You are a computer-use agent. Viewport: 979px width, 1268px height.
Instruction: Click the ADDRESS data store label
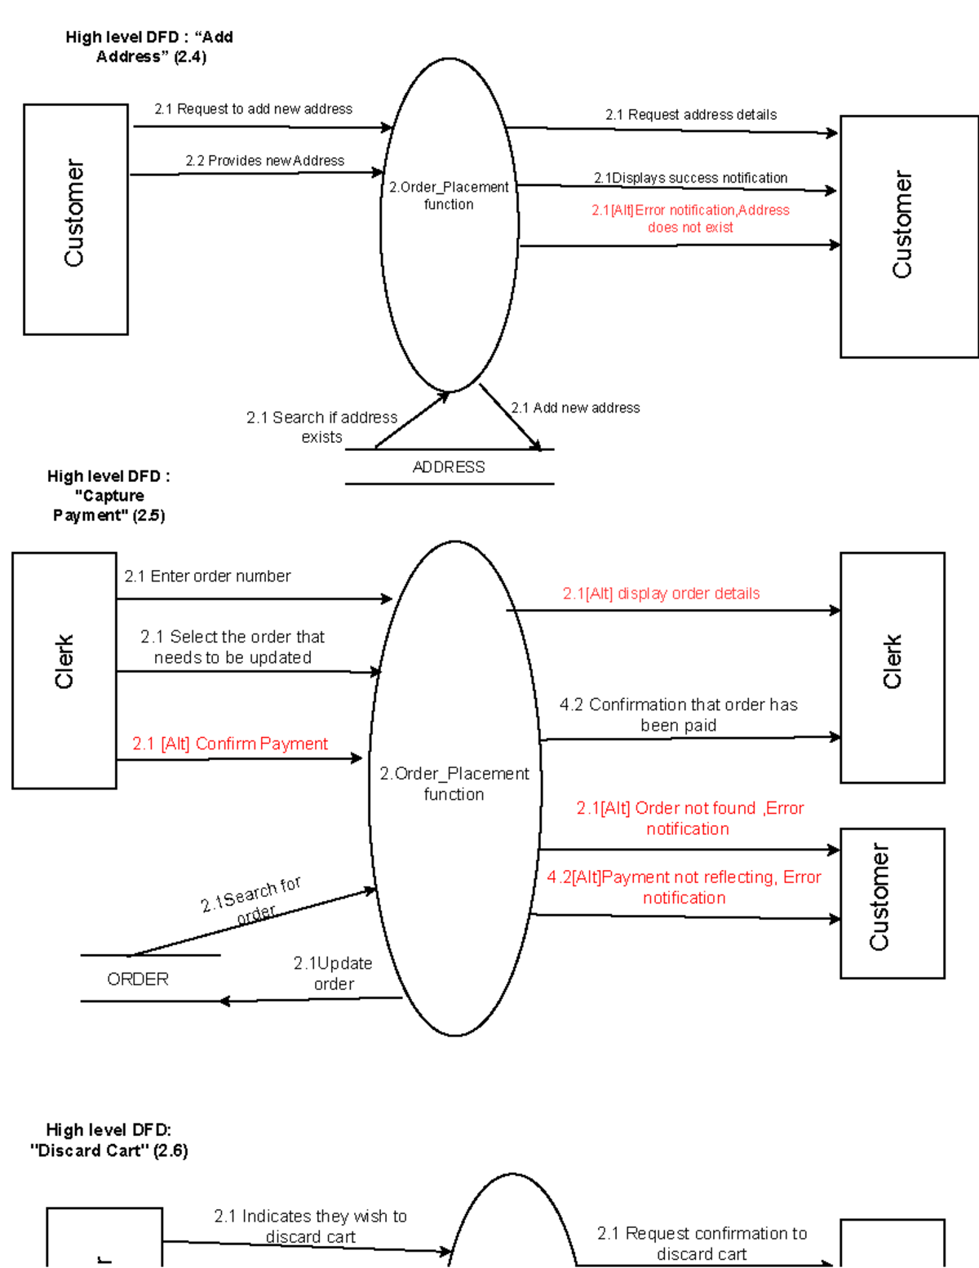point(449,466)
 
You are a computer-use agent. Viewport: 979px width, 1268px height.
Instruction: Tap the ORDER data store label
point(138,979)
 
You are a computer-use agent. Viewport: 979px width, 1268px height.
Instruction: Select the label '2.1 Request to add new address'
point(254,109)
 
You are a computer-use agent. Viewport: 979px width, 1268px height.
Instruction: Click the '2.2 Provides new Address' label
point(265,161)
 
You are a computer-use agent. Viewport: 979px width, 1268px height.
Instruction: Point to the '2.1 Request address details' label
point(691,114)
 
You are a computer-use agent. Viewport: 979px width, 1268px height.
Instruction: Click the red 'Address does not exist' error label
point(691,219)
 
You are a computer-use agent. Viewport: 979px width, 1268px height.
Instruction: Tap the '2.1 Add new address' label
point(576,408)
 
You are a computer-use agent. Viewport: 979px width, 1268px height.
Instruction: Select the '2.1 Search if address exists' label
point(321,427)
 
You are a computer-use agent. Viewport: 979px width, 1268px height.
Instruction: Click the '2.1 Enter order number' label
point(207,576)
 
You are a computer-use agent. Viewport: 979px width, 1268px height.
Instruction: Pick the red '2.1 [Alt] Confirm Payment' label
point(230,744)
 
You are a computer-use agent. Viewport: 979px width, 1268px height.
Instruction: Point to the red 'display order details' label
point(662,594)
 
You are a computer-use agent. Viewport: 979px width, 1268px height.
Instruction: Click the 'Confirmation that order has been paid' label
point(678,715)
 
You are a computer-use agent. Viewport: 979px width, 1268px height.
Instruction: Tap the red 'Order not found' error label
point(690,818)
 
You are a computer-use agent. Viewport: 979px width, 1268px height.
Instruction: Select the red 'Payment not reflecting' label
point(684,887)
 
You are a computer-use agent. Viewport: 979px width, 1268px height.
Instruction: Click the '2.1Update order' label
point(334,974)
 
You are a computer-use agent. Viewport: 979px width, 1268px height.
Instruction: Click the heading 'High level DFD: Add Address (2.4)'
point(149,46)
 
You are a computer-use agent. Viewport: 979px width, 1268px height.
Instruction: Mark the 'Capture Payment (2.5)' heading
point(109,496)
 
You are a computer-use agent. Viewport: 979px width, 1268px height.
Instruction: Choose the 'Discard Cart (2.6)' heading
point(109,1140)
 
